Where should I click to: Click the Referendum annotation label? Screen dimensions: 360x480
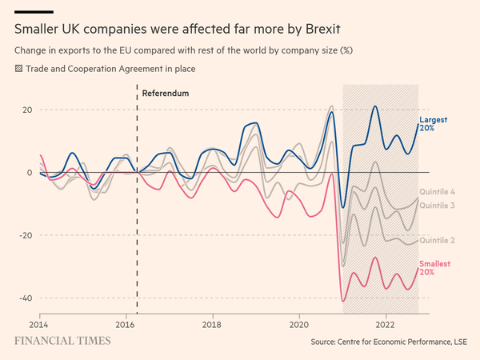tap(165, 94)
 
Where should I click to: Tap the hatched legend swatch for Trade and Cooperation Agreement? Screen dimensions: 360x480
tap(19, 69)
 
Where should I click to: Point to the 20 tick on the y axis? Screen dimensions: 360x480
tap(26, 110)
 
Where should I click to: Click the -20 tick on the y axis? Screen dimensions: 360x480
tap(24, 235)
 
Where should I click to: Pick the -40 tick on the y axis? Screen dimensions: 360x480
tap(24, 298)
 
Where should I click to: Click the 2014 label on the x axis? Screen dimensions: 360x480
tap(40, 325)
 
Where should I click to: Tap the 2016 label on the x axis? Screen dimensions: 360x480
tap(126, 325)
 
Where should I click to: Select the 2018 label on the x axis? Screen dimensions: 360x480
tap(213, 325)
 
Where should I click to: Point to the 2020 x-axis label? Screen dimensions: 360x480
tap(298, 325)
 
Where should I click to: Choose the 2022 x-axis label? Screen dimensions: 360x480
tap(385, 325)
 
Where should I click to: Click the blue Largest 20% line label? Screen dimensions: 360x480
tap(433, 124)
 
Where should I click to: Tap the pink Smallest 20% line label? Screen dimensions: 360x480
tap(435, 268)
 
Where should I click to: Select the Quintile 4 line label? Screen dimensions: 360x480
tap(438, 193)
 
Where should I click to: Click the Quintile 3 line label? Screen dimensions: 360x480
tap(438, 206)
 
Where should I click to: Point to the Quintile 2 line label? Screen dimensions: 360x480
tap(438, 240)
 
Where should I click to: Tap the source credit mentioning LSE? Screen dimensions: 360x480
tap(387, 342)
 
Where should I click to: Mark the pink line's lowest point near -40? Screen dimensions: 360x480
tap(343, 301)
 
